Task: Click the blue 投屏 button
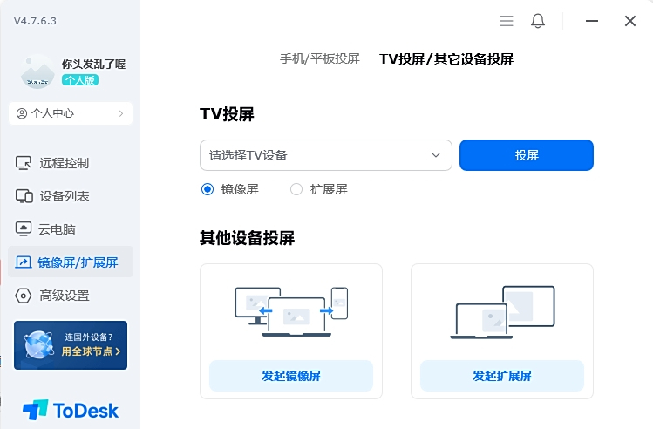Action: [527, 155]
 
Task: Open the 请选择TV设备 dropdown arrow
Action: [436, 155]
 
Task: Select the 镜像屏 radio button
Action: [207, 189]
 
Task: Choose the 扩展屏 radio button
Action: [296, 189]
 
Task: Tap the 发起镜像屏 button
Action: [291, 376]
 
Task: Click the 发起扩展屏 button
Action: [502, 376]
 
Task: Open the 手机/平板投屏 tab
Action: [320, 58]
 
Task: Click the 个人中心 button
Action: [71, 113]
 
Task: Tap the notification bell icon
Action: [538, 21]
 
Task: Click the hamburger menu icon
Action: [507, 21]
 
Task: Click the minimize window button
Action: [592, 21]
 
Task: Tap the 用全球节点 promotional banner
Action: [71, 345]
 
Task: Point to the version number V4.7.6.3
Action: [35, 21]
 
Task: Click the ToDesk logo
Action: [71, 411]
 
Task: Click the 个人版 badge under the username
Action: [80, 80]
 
